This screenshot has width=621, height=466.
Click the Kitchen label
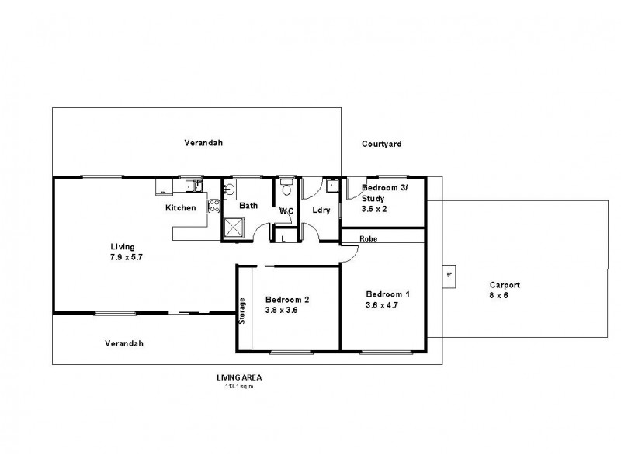click(180, 208)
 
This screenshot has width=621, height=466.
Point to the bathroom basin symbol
click(230, 189)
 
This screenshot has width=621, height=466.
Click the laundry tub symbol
click(332, 186)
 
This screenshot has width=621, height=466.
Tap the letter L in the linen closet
click(283, 238)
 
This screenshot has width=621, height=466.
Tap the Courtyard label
click(382, 144)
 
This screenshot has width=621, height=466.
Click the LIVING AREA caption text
click(238, 377)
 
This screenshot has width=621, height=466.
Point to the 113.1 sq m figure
click(238, 385)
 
